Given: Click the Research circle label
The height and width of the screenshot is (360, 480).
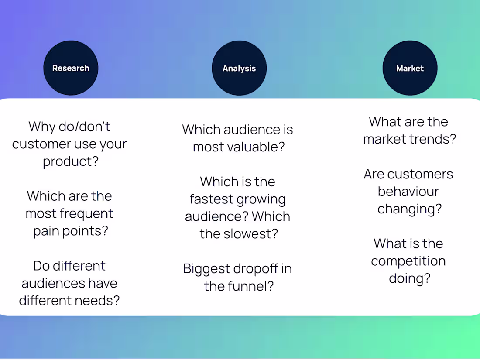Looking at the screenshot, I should pyautogui.click(x=71, y=68).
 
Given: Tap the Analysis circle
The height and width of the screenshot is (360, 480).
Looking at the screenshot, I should pyautogui.click(x=239, y=68).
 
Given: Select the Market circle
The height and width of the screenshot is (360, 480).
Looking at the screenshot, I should pyautogui.click(x=410, y=68).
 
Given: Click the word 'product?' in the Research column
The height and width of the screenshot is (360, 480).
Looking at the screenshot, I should pyautogui.click(x=70, y=161).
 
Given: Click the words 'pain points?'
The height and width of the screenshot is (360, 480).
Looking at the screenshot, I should pyautogui.click(x=70, y=231).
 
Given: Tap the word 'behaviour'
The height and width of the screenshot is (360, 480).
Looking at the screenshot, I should pyautogui.click(x=408, y=192).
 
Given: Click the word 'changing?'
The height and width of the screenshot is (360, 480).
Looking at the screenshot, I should pyautogui.click(x=409, y=209).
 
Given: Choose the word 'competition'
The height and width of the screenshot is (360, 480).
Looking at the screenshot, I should pyautogui.click(x=408, y=261).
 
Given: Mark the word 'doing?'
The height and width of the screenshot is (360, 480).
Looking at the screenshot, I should pyautogui.click(x=409, y=278).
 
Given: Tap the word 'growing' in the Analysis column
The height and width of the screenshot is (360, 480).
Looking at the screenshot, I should pyautogui.click(x=261, y=199).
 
